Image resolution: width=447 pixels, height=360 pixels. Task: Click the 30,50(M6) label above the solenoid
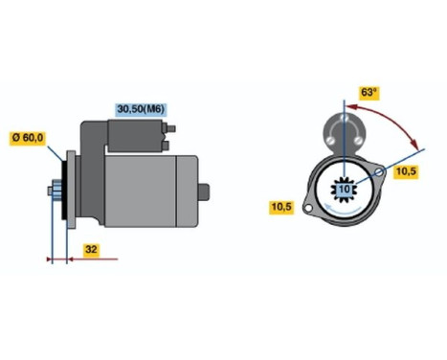click(x=141, y=108)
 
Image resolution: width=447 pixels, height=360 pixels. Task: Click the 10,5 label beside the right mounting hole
click(x=406, y=172)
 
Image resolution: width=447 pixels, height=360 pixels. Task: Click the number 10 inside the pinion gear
click(x=343, y=190)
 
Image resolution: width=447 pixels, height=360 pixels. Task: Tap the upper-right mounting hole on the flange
click(x=380, y=172)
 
